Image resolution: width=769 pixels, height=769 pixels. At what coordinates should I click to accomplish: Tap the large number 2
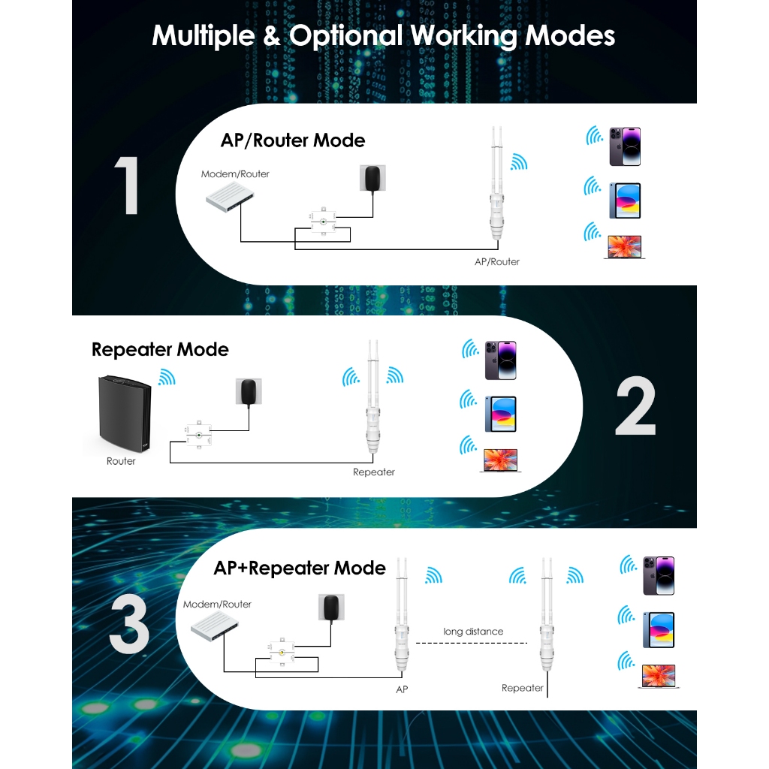coord(635,409)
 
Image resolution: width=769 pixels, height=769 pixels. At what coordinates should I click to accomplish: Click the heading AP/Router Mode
coord(293,140)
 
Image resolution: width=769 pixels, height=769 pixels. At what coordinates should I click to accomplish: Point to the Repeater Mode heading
coord(160,349)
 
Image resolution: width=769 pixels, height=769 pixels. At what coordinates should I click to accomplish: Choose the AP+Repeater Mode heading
coord(300,568)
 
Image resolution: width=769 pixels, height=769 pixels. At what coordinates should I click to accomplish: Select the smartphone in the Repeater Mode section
coord(500,360)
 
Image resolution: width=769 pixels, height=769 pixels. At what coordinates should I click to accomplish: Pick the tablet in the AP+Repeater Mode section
coord(658,630)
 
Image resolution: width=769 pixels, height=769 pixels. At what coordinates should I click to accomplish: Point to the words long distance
coord(473,632)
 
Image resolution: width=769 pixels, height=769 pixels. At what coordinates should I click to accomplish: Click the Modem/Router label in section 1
coord(235,174)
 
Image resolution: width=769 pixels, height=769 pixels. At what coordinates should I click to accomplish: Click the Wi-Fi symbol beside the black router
coord(167,378)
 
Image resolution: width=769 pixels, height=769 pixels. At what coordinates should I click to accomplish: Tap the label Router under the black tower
coord(121,461)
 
